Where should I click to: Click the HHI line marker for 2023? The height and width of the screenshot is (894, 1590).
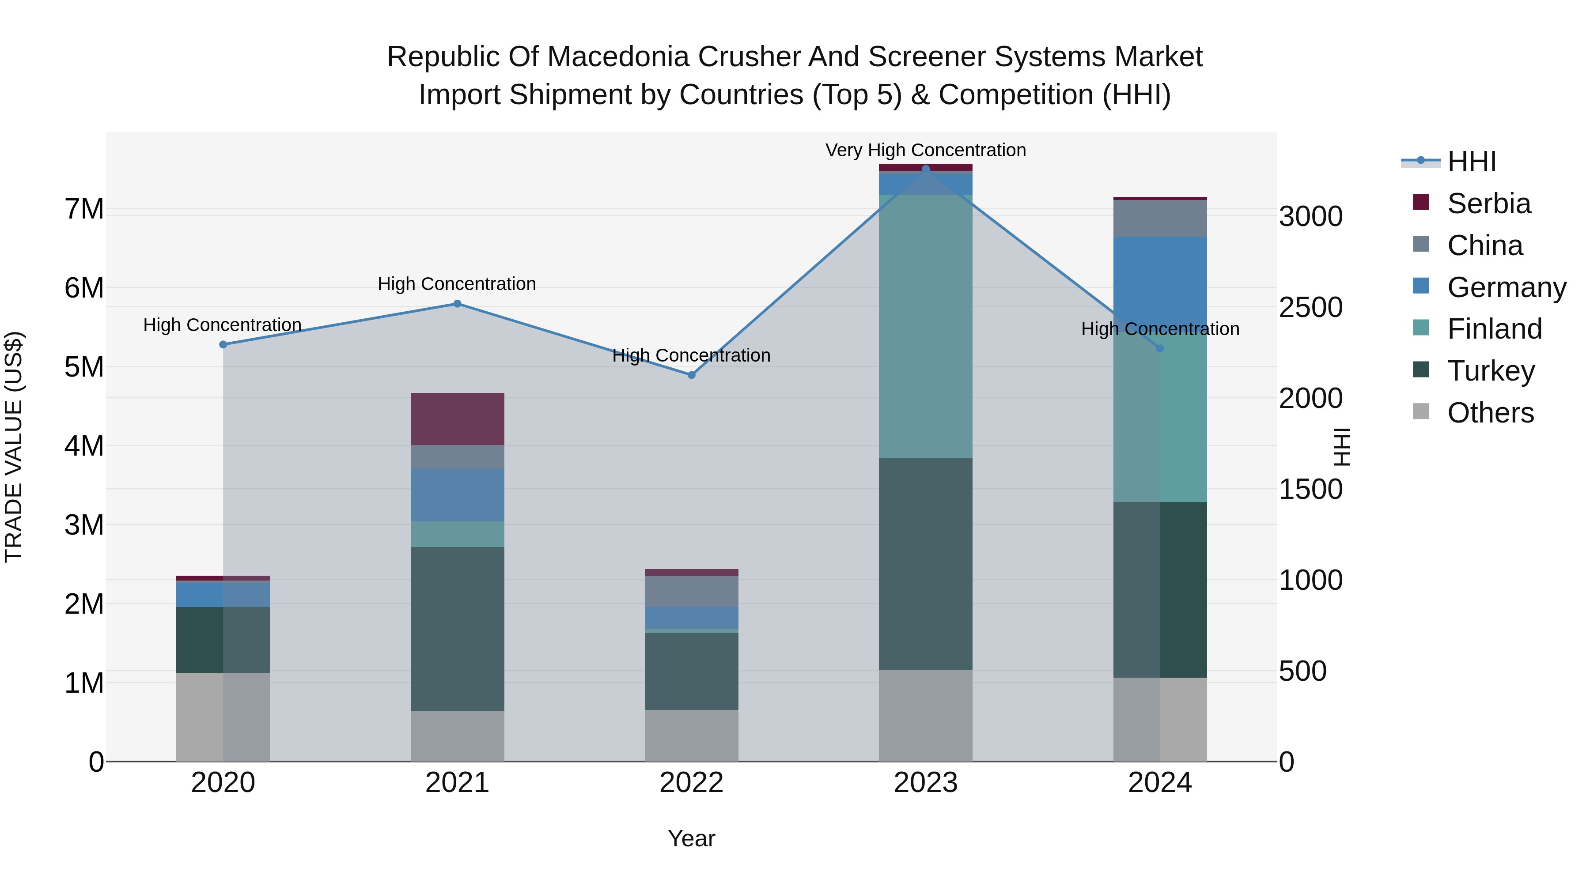tap(925, 169)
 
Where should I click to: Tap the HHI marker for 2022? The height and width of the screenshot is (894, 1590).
tap(691, 375)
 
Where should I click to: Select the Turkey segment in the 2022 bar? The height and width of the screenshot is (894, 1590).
tap(691, 671)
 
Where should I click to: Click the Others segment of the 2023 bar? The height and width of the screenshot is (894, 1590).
tap(925, 716)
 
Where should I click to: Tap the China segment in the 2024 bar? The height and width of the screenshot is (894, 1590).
tap(1160, 219)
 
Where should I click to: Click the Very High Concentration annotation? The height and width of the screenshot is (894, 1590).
tap(925, 151)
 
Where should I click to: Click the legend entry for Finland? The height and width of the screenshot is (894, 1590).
tap(1494, 329)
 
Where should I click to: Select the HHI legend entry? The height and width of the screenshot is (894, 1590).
tap(1472, 162)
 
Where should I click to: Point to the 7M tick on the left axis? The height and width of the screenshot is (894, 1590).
tap(84, 209)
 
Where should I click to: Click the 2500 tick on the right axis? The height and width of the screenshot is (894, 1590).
tap(1310, 307)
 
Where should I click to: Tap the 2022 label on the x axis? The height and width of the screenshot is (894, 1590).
tap(691, 783)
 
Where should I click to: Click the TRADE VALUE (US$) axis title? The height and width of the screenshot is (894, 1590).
tap(14, 447)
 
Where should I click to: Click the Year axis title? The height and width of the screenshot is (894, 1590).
tap(691, 838)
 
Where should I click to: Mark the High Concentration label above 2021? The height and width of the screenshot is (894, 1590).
tap(457, 284)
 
